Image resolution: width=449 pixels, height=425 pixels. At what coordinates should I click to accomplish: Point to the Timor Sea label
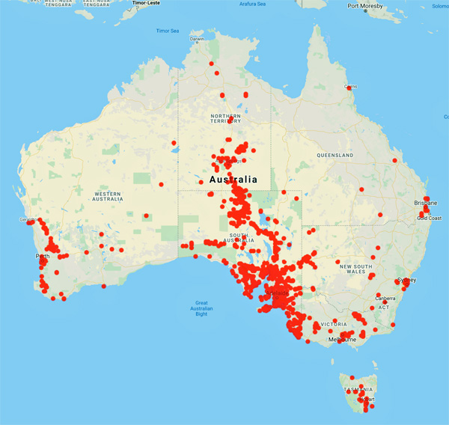(168, 31)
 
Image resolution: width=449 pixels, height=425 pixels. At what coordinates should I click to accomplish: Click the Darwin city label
(197, 39)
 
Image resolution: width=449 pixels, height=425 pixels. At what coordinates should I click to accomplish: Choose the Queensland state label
(334, 155)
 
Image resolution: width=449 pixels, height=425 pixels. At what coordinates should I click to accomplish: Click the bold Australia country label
(233, 180)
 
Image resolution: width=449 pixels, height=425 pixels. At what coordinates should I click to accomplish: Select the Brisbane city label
(425, 203)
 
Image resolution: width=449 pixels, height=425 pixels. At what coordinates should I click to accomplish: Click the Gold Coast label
(430, 218)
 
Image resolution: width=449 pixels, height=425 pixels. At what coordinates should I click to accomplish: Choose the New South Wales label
(355, 269)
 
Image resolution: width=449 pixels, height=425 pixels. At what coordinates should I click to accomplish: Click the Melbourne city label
(341, 340)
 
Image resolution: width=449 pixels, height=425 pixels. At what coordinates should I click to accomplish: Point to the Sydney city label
(408, 280)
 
